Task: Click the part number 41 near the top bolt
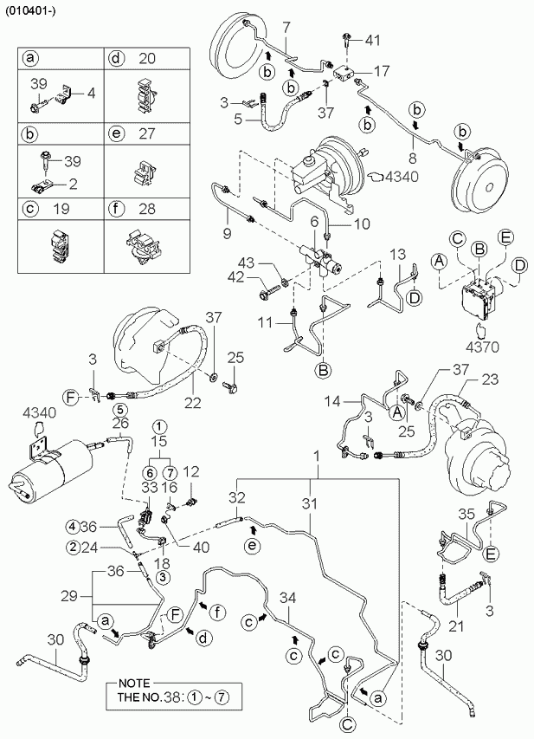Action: click(x=372, y=41)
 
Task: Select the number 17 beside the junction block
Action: click(x=382, y=71)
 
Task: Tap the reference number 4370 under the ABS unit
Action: click(x=482, y=347)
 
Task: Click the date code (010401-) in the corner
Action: click(x=30, y=11)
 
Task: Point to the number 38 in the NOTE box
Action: click(x=173, y=696)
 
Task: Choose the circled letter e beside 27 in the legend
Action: click(x=116, y=133)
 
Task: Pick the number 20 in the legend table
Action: click(x=147, y=58)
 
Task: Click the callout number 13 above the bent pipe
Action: click(x=398, y=256)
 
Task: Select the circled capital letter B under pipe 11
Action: click(x=324, y=370)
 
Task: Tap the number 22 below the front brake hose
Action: click(x=193, y=403)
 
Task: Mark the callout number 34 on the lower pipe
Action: click(x=287, y=598)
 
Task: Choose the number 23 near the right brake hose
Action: click(x=490, y=379)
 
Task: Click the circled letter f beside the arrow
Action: click(x=218, y=613)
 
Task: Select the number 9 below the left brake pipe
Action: click(x=227, y=233)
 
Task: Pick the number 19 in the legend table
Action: click(x=61, y=209)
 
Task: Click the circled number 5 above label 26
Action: click(x=119, y=408)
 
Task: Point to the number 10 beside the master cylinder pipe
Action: click(x=362, y=224)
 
